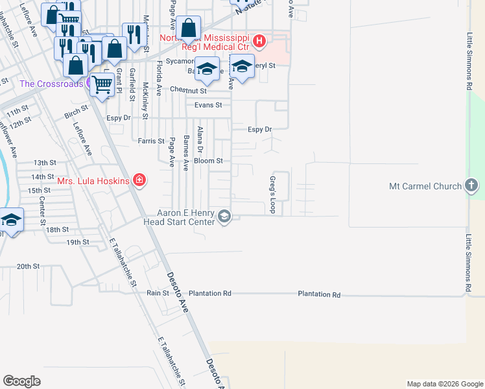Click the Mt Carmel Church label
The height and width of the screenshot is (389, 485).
425,186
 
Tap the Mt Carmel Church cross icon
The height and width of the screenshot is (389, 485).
472,186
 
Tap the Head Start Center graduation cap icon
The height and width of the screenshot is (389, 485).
224,217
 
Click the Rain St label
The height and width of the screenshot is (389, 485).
158,293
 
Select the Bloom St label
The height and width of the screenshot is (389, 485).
209,160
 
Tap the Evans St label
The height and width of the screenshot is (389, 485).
209,105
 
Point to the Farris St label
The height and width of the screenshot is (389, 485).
151,140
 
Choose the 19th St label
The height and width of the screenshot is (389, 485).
77,242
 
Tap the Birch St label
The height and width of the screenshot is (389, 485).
71,115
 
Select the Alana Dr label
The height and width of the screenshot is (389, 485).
200,139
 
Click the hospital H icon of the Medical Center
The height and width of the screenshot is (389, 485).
259,42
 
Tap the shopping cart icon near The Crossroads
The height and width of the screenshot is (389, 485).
102,84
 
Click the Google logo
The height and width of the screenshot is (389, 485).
21,381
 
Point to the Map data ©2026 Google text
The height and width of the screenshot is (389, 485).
444,384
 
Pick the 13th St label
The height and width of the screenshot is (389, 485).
45,163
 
